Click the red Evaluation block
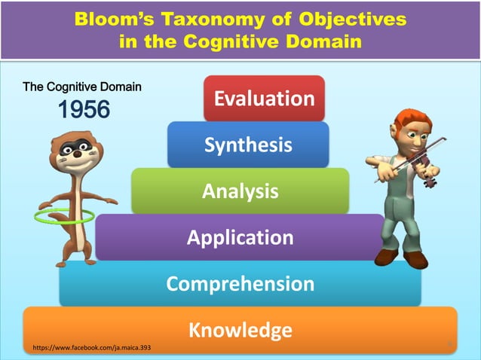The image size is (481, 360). [x=264, y=99]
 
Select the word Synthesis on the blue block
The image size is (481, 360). [x=247, y=145]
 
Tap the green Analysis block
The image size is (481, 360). [x=240, y=191]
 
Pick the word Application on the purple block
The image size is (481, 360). [x=240, y=238]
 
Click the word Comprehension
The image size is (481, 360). [x=240, y=283]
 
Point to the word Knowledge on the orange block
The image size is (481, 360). [x=240, y=330]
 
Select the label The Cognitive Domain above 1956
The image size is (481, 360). [x=82, y=87]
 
